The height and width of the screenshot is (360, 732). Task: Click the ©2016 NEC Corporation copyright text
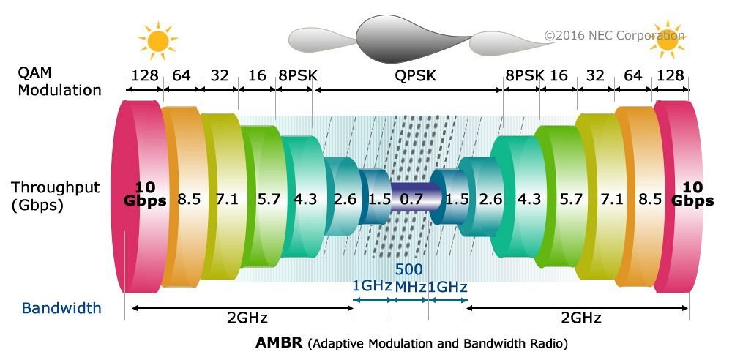point(614,35)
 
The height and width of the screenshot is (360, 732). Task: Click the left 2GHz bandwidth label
point(248,318)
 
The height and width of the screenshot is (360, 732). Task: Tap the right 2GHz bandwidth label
point(582,318)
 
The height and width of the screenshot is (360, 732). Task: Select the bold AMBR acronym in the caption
point(280,342)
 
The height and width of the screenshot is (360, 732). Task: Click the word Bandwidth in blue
point(61,308)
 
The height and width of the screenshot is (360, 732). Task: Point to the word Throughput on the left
point(55,187)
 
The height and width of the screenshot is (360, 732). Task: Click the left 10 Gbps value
point(145,195)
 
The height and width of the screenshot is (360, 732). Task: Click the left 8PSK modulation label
point(294,75)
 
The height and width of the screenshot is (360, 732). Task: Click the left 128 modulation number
point(144,75)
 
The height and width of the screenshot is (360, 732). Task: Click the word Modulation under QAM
point(60,91)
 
